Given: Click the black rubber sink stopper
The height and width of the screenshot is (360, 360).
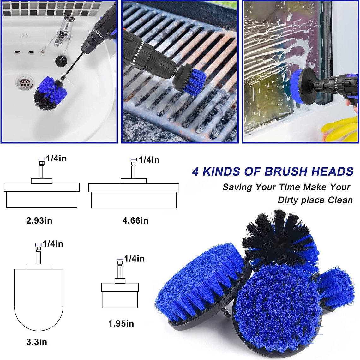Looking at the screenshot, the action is pyautogui.click(x=62, y=60).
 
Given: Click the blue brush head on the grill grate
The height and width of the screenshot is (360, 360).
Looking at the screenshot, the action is pyautogui.click(x=195, y=82).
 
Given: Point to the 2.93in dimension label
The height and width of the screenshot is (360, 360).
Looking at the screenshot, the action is pyautogui.click(x=39, y=221).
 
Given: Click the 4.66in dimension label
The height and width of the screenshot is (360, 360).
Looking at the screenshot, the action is pyautogui.click(x=135, y=221).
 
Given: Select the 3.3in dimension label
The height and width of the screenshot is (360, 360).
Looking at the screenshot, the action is pyautogui.click(x=37, y=342).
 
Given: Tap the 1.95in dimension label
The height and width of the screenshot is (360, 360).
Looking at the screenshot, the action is pyautogui.click(x=121, y=323).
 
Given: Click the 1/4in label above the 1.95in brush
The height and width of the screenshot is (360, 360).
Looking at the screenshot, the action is pyautogui.click(x=134, y=259).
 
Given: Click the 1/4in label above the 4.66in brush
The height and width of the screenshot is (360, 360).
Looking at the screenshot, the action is pyautogui.click(x=149, y=160).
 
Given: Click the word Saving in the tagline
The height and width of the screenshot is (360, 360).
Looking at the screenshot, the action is pyautogui.click(x=237, y=187).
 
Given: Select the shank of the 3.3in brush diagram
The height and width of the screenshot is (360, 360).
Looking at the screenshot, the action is pyautogui.click(x=38, y=255).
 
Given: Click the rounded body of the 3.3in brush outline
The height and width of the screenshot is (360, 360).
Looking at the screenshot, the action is pyautogui.click(x=39, y=298).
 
